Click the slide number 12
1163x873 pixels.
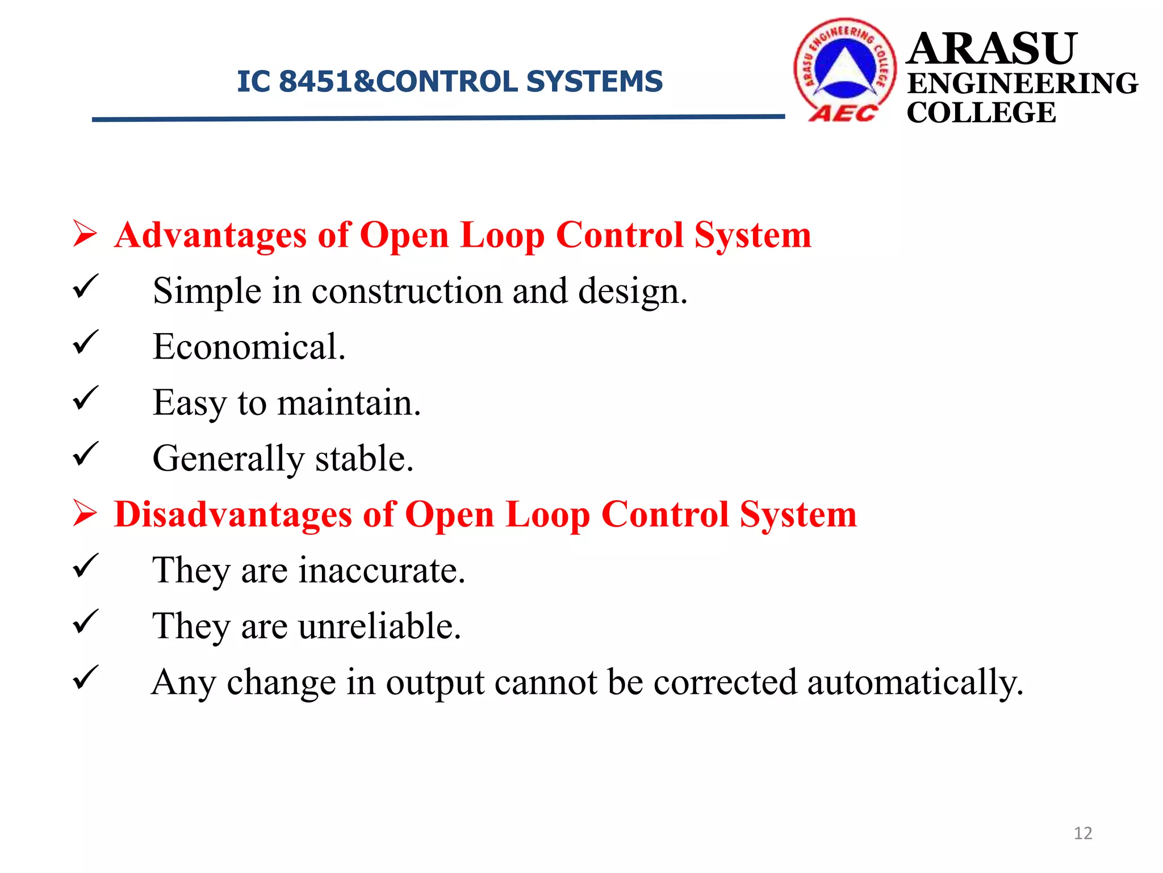1083,833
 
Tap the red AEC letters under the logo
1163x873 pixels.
843,113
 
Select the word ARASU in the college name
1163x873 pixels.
992,49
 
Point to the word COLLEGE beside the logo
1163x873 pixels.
981,113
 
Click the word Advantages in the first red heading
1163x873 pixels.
210,235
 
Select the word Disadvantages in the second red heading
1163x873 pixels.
233,515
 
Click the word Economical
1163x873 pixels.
249,347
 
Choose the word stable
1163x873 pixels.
364,459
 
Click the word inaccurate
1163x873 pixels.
382,571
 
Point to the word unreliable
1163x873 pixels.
379,626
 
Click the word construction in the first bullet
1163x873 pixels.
407,291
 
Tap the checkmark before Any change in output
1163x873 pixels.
86,677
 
